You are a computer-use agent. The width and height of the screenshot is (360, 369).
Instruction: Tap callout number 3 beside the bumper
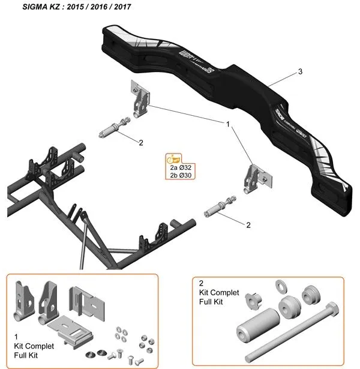pos(299,72)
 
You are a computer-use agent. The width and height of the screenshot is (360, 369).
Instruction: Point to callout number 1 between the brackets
pos(228,124)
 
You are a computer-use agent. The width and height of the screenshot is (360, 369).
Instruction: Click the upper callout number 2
pos(140,143)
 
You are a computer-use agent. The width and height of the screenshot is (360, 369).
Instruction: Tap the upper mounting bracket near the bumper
pos(140,99)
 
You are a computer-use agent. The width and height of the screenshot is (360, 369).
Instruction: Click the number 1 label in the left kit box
pos(16,337)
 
